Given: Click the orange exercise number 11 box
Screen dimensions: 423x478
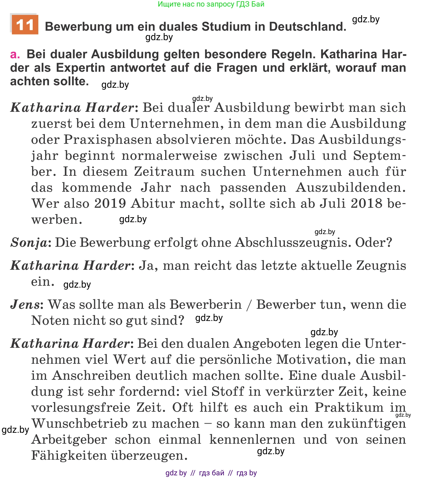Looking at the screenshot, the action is pyautogui.click(x=25, y=25).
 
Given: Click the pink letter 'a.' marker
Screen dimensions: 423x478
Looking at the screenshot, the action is pyautogui.click(x=15, y=54).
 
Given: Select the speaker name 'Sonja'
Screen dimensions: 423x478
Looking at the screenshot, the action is pyautogui.click(x=29, y=243).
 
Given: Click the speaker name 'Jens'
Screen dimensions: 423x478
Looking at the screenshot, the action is pyautogui.click(x=25, y=305).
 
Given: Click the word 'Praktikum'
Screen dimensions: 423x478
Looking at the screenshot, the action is pyautogui.click(x=349, y=408).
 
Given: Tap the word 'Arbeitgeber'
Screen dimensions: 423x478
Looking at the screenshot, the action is pyautogui.click(x=69, y=440).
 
